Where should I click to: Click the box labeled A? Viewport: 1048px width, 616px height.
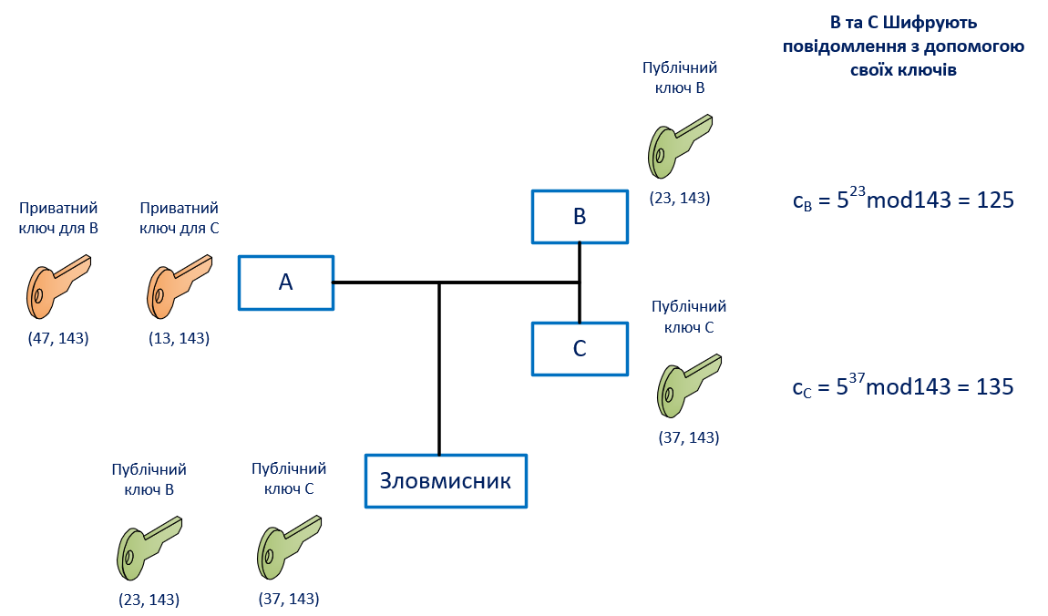[286, 282]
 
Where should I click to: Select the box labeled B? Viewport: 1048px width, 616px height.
[580, 217]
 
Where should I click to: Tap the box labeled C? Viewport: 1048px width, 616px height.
[580, 349]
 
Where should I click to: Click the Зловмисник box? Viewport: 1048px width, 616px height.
[446, 481]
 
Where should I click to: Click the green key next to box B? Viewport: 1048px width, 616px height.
[678, 147]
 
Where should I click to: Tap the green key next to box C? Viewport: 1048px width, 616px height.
[688, 385]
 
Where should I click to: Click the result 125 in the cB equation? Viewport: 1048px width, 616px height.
[995, 200]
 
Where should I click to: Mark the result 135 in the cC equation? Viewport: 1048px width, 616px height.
[994, 386]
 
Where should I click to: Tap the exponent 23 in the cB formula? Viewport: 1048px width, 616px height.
[858, 191]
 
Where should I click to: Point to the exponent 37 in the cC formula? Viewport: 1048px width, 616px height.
[857, 378]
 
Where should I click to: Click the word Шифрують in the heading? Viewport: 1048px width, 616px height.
[930, 23]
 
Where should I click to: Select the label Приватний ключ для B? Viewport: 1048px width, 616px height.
[58, 218]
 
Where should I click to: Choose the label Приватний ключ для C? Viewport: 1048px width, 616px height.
[180, 218]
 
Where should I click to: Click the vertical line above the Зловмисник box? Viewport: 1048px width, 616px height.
[439, 369]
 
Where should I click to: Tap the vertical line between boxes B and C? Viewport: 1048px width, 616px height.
[580, 282]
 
